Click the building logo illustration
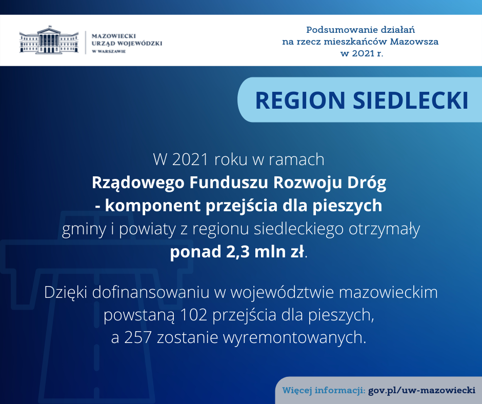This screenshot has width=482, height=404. click(x=49, y=40)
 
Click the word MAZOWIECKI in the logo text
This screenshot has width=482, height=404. click(x=114, y=36)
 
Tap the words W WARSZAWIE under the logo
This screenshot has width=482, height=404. click(x=109, y=51)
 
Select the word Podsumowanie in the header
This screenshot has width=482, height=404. click(x=341, y=30)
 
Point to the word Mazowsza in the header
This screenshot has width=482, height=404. click(x=414, y=42)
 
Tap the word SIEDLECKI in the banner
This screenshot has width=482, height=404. click(x=411, y=100)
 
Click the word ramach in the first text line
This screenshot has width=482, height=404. click(x=297, y=159)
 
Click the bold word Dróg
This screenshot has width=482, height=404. click(x=367, y=183)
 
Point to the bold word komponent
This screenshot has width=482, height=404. click(x=153, y=206)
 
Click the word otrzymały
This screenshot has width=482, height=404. click(x=384, y=229)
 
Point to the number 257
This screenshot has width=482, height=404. click(x=138, y=337)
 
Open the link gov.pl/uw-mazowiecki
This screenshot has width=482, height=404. click(x=421, y=391)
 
